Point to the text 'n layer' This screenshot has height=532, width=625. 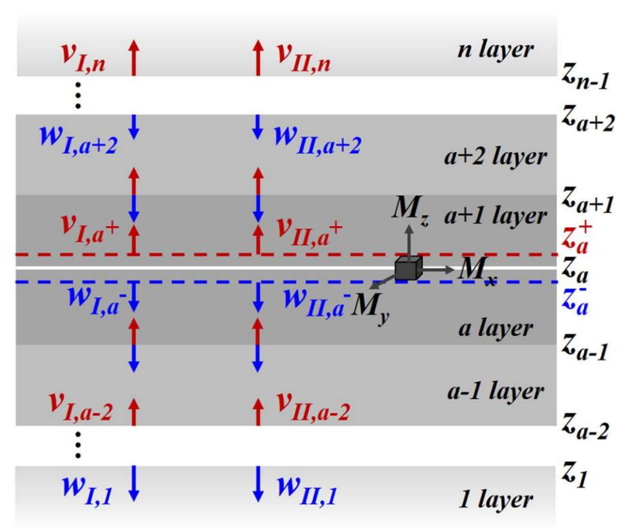(x=495, y=50)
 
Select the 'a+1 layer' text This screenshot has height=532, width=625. (x=495, y=217)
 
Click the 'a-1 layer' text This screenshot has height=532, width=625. (x=496, y=392)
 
